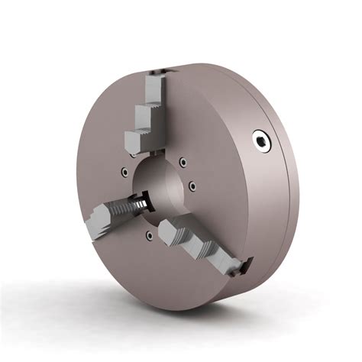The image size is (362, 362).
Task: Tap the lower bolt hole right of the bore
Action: (x=194, y=186)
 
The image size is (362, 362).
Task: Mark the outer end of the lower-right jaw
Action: (x=243, y=267)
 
